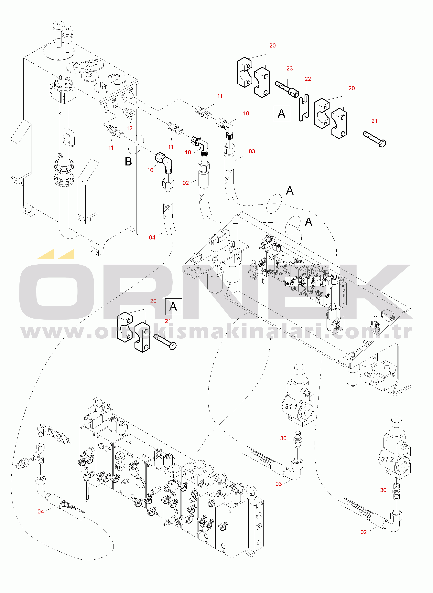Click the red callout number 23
[289, 69]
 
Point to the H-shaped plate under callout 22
[304, 108]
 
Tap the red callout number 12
[129, 128]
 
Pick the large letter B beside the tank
[128, 162]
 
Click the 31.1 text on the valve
[291, 407]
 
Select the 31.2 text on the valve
[387, 459]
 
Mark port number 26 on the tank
[114, 100]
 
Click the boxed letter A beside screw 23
[282, 114]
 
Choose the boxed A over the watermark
[173, 306]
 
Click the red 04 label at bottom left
[41, 512]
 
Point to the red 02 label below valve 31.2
[363, 532]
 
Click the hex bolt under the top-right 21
[374, 139]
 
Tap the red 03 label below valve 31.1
[279, 484]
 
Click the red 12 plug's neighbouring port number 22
[105, 106]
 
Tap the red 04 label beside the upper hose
[152, 238]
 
